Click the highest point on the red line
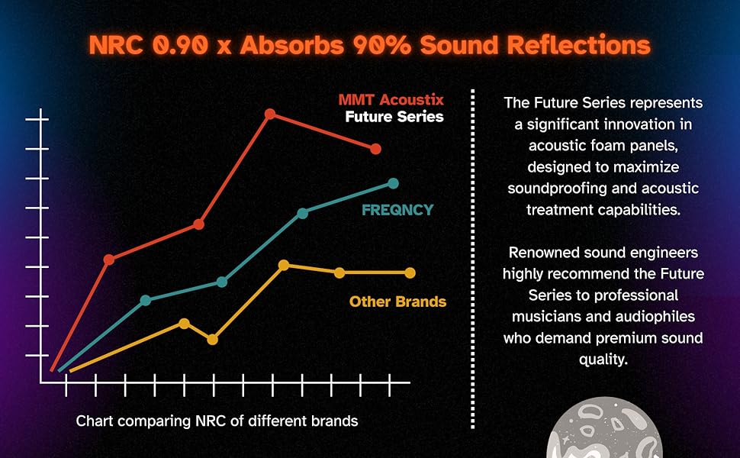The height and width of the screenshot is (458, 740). (x=270, y=114)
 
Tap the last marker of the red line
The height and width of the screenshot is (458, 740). (x=375, y=149)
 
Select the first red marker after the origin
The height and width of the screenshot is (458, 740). (x=109, y=260)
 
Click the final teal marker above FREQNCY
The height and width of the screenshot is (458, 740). (x=393, y=183)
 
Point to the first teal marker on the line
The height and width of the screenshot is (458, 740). (x=146, y=300)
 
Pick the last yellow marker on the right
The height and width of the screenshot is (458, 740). (x=410, y=273)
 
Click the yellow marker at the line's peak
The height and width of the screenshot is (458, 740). (x=284, y=265)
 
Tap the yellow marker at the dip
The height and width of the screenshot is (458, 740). (x=213, y=339)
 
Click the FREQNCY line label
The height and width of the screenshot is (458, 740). (x=397, y=210)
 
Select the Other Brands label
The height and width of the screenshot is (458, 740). (x=397, y=302)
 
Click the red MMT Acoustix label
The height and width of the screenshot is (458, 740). (x=391, y=100)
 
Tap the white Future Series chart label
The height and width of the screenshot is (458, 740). (x=394, y=117)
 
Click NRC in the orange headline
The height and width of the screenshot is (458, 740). (x=116, y=45)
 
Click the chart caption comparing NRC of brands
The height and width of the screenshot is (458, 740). (x=217, y=421)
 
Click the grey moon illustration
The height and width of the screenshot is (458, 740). (x=604, y=430)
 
